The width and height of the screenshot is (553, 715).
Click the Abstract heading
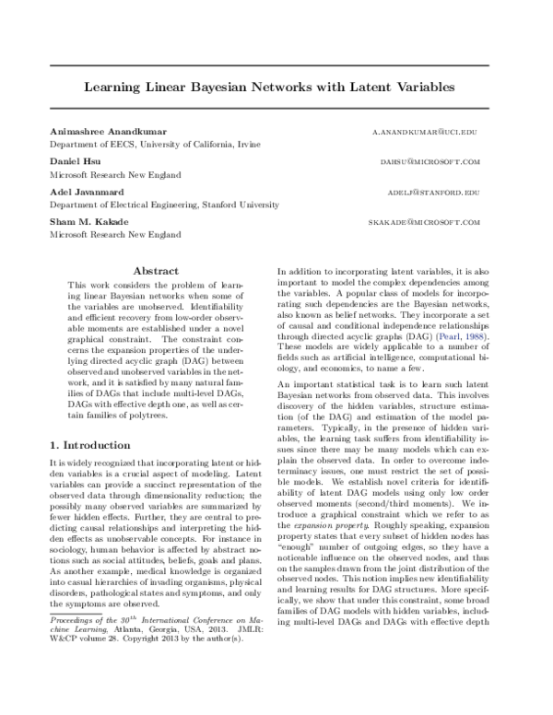pyautogui.click(x=156, y=272)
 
